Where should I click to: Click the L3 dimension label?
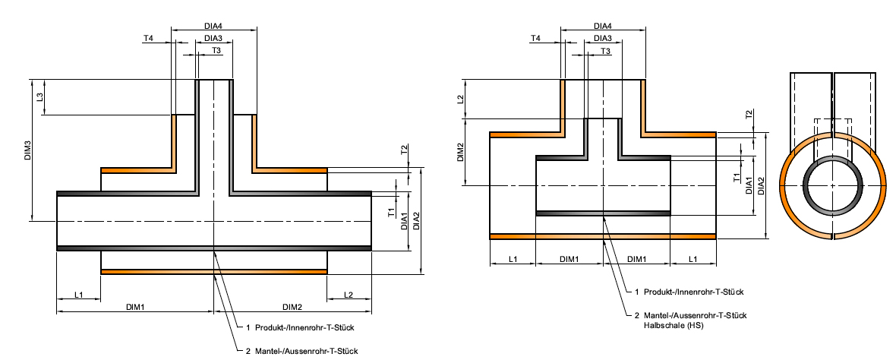(39, 97)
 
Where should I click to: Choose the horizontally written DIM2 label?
(292, 307)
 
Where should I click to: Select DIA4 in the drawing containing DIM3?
(213, 26)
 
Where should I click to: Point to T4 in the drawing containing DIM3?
(148, 38)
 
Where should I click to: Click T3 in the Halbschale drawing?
(606, 51)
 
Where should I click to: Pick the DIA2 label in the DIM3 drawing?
(417, 220)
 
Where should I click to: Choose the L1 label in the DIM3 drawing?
(79, 294)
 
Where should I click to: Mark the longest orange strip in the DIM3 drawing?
(214, 271)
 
